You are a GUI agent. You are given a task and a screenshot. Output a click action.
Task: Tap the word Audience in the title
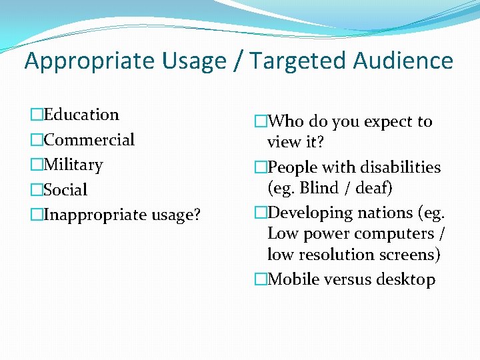(x=403, y=61)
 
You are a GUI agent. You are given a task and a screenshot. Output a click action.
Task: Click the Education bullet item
(x=81, y=115)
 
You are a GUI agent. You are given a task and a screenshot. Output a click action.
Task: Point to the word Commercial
(x=89, y=140)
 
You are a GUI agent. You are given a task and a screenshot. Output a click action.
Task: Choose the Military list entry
(x=73, y=165)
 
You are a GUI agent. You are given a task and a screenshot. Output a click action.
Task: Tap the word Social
(x=65, y=190)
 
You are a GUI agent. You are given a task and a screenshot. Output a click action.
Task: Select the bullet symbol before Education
(x=36, y=115)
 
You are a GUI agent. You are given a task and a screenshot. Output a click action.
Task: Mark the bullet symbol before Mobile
(x=260, y=279)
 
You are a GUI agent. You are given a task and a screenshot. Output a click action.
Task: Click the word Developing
(x=309, y=213)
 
